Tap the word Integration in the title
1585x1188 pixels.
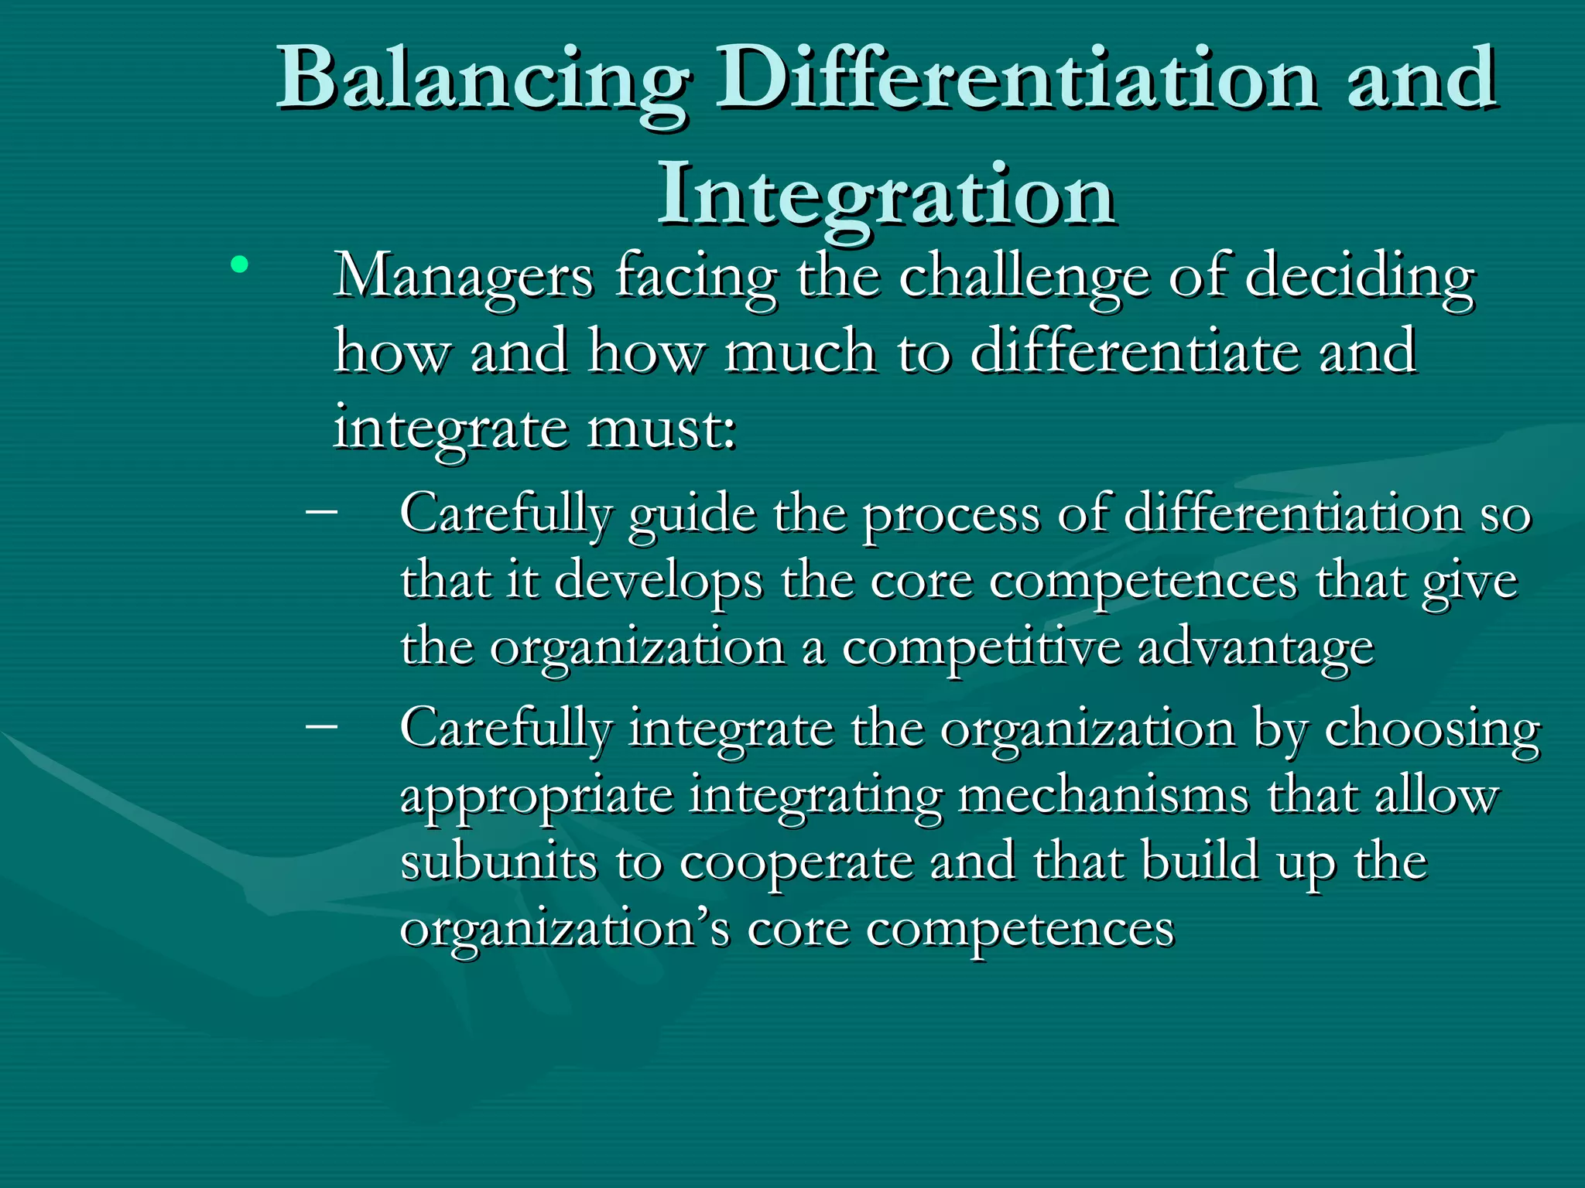point(886,195)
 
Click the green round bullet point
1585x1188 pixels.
point(239,266)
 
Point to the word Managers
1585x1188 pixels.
point(464,278)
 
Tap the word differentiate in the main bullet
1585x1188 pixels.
point(1134,352)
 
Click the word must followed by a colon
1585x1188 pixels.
point(662,428)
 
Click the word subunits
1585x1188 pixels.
point(498,862)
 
